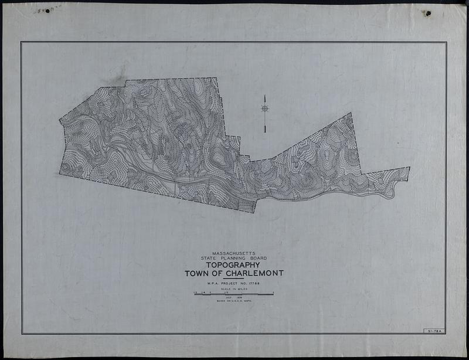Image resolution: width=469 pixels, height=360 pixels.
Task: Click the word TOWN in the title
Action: click(x=198, y=273)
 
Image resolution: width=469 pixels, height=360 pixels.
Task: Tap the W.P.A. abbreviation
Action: click(x=206, y=284)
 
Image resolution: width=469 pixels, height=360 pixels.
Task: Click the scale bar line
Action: click(x=234, y=293)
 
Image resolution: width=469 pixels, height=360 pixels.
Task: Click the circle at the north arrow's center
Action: click(x=265, y=108)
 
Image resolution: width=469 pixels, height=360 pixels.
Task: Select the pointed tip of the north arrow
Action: click(x=265, y=96)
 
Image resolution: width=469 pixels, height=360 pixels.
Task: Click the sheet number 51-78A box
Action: click(x=434, y=331)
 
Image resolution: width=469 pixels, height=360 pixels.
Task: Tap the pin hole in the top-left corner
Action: click(x=47, y=10)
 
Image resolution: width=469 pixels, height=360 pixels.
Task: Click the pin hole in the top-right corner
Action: click(x=428, y=13)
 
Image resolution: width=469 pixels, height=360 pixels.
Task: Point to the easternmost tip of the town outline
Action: click(x=409, y=168)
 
